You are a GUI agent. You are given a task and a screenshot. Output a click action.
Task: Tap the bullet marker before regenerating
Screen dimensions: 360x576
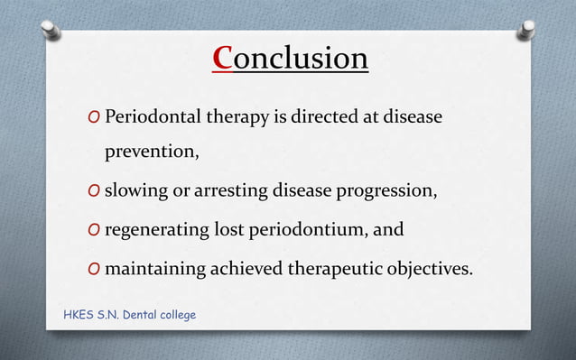pyautogui.click(x=94, y=230)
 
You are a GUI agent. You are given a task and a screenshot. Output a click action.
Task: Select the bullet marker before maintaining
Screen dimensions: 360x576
pyautogui.click(x=94, y=269)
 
